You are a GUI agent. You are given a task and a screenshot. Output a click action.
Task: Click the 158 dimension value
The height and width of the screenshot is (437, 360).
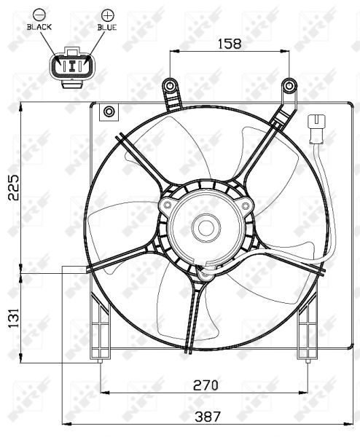(229, 44)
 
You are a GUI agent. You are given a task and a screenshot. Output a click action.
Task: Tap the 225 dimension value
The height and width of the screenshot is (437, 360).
(13, 187)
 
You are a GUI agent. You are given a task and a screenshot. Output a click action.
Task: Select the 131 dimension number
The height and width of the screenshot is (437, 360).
(13, 318)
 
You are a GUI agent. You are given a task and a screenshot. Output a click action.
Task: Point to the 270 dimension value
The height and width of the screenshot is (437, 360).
(206, 385)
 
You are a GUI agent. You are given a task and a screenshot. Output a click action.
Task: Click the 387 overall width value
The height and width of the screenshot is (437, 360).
(208, 417)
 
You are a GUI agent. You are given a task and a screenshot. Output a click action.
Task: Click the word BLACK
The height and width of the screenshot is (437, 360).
(39, 27)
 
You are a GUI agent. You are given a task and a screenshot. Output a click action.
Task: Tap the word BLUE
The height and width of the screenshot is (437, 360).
(107, 27)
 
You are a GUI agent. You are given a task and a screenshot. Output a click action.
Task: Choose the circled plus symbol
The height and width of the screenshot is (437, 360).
(107, 15)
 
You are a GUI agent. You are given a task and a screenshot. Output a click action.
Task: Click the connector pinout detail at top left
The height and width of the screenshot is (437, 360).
(72, 67)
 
